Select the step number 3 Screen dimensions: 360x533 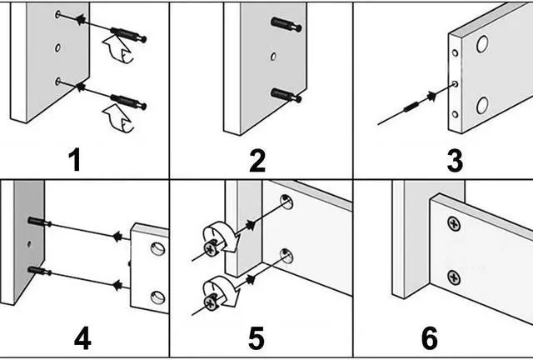point(455,159)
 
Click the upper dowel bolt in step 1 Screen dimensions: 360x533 point(127,35)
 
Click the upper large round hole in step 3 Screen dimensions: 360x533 point(483,45)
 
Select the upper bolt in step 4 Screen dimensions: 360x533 point(40,222)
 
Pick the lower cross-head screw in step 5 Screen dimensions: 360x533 point(209,292)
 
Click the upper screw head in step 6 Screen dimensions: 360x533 point(453,223)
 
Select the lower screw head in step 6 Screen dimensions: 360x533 point(454,277)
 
